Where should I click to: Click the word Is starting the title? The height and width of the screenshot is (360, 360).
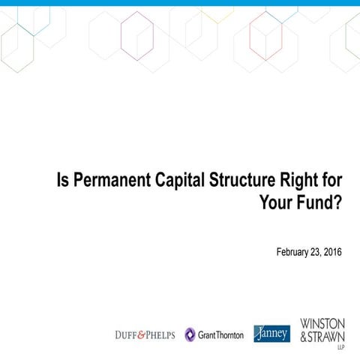tap(62, 181)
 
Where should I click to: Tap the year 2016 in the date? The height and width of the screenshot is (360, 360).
tap(331, 251)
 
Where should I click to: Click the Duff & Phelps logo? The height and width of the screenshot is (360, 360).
tap(145, 334)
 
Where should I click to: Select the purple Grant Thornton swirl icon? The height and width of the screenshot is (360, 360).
tap(190, 334)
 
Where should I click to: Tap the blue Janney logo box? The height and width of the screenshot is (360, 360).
tap(271, 334)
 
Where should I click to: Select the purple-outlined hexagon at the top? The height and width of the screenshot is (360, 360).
tap(137, 35)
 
